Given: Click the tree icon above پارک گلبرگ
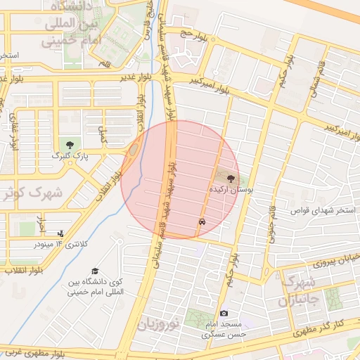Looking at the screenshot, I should click(x=68, y=144).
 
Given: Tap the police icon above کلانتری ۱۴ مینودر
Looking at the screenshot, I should click(x=61, y=233).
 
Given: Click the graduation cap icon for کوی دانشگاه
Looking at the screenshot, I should click(x=94, y=272).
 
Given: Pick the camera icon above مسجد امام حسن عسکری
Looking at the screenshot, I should click(x=224, y=313).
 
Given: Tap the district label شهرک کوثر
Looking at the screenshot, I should click(x=32, y=192).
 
